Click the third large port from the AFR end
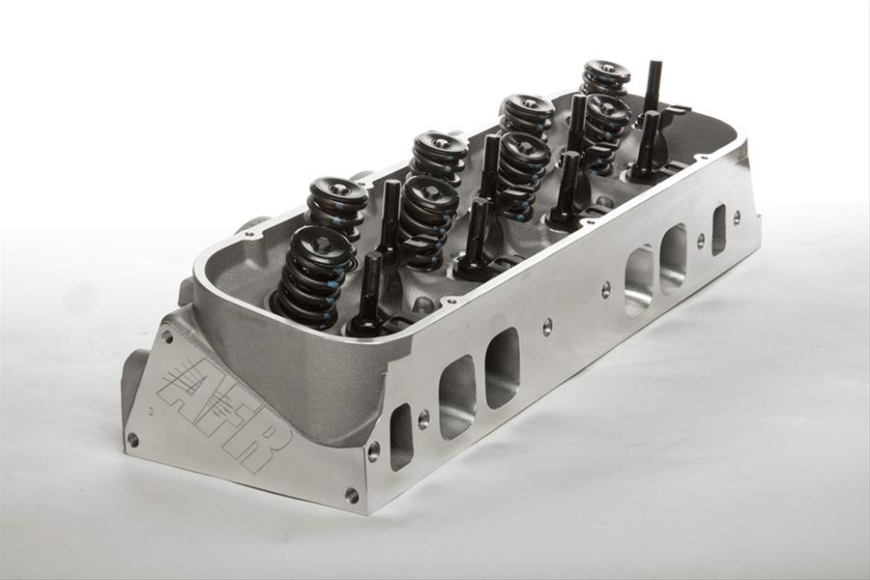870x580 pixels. (x=638, y=280)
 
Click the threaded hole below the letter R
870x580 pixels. (x=351, y=495)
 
